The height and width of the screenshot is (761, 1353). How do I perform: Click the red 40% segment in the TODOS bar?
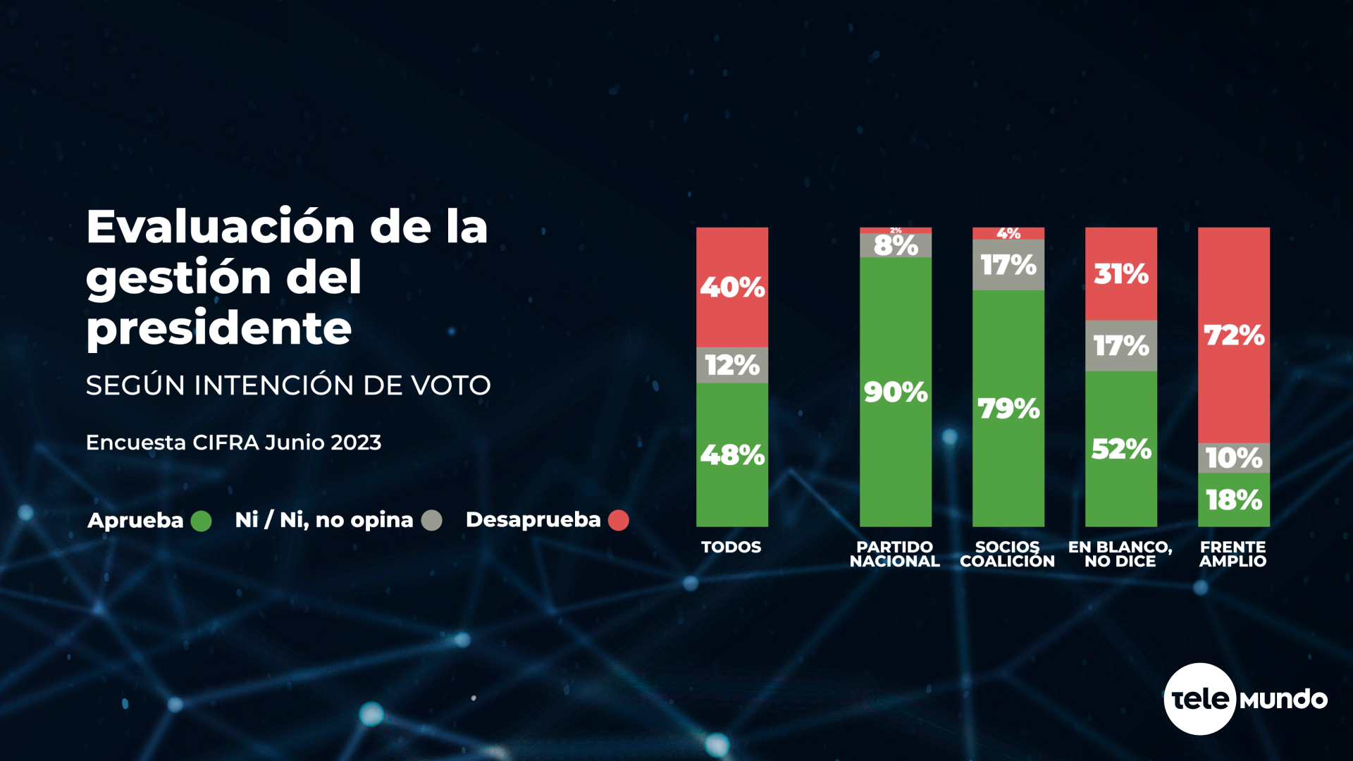coord(732,287)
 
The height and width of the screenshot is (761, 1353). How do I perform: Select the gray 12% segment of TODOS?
coord(732,365)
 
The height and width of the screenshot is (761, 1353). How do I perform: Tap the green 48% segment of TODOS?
coord(732,454)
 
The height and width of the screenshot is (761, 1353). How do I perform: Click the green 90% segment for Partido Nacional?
coord(896,392)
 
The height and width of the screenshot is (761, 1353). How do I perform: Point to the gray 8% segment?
coord(896,245)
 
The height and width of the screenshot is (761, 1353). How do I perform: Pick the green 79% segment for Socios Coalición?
coord(1008,409)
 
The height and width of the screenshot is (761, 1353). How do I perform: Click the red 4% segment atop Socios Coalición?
coord(1008,233)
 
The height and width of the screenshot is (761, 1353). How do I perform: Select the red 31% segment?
coord(1121,273)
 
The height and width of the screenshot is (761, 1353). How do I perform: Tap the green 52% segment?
coord(1121,449)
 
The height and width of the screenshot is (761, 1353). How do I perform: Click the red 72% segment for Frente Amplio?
coord(1234,335)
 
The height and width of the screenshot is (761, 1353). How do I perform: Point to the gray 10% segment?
coord(1234,458)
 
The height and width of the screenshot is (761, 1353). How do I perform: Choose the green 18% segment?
coord(1234,500)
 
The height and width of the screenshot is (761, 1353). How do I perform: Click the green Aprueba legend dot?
coord(202,521)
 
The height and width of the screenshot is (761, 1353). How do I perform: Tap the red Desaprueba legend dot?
coord(619,520)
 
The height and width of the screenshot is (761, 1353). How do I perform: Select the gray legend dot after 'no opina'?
coord(432,520)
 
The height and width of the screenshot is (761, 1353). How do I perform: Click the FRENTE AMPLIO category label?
coord(1233,554)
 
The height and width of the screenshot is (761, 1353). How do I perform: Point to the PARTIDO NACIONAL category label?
coord(895,554)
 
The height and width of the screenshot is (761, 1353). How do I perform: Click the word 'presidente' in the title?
coord(219,328)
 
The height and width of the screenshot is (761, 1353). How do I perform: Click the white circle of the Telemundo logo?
coord(1199,698)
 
